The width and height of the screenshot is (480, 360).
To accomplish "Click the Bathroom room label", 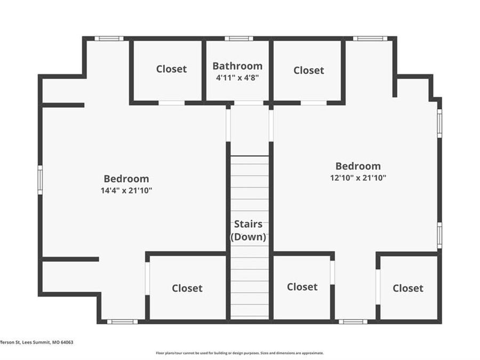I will click(x=237, y=66).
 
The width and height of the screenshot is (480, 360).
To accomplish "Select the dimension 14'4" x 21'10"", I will click(x=126, y=190).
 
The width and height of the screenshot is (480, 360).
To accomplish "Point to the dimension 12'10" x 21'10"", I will click(x=358, y=178).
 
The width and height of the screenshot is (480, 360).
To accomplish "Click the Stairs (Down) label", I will click(x=248, y=230).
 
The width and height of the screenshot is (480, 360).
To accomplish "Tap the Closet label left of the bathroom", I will click(x=171, y=69).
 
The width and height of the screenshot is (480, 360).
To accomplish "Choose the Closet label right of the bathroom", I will click(x=308, y=70).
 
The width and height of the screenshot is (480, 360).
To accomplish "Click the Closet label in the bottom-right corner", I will click(x=408, y=288).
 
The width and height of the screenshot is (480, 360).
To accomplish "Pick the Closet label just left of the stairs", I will click(x=187, y=288).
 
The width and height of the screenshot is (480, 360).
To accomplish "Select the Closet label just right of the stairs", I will click(x=302, y=287).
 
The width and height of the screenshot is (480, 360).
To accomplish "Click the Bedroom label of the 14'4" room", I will click(x=126, y=179).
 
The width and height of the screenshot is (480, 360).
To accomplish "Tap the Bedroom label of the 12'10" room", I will click(x=358, y=166).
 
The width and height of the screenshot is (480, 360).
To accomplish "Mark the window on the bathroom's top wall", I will click(x=238, y=38).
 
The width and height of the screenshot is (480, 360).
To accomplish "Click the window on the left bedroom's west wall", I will click(x=40, y=180).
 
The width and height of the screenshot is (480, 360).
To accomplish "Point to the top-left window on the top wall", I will click(x=109, y=38).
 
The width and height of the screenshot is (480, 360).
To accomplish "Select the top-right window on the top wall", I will click(x=370, y=38).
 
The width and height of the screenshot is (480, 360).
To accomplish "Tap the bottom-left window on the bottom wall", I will click(x=122, y=322).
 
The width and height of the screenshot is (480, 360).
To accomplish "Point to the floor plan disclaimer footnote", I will click(x=239, y=353).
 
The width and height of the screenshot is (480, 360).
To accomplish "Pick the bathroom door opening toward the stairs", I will click(x=249, y=103).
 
